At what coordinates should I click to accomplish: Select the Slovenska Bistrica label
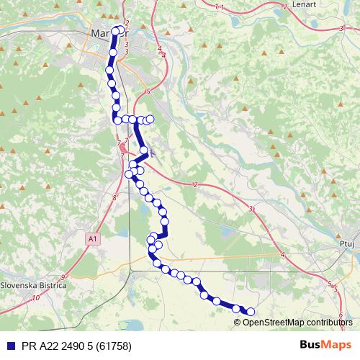click(33, 285)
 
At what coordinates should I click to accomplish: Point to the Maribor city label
click(108, 33)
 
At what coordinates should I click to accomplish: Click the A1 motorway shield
click(91, 238)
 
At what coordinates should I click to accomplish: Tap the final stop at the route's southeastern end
click(251, 312)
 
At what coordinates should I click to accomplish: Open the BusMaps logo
click(325, 344)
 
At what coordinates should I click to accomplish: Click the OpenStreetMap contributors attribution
click(297, 322)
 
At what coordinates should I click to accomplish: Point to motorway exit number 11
click(219, 7)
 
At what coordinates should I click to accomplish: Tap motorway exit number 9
click(63, 277)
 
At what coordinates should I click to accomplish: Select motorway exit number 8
click(114, 196)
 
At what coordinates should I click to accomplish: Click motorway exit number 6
click(339, 305)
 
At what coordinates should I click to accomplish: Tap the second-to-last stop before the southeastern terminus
click(236, 309)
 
